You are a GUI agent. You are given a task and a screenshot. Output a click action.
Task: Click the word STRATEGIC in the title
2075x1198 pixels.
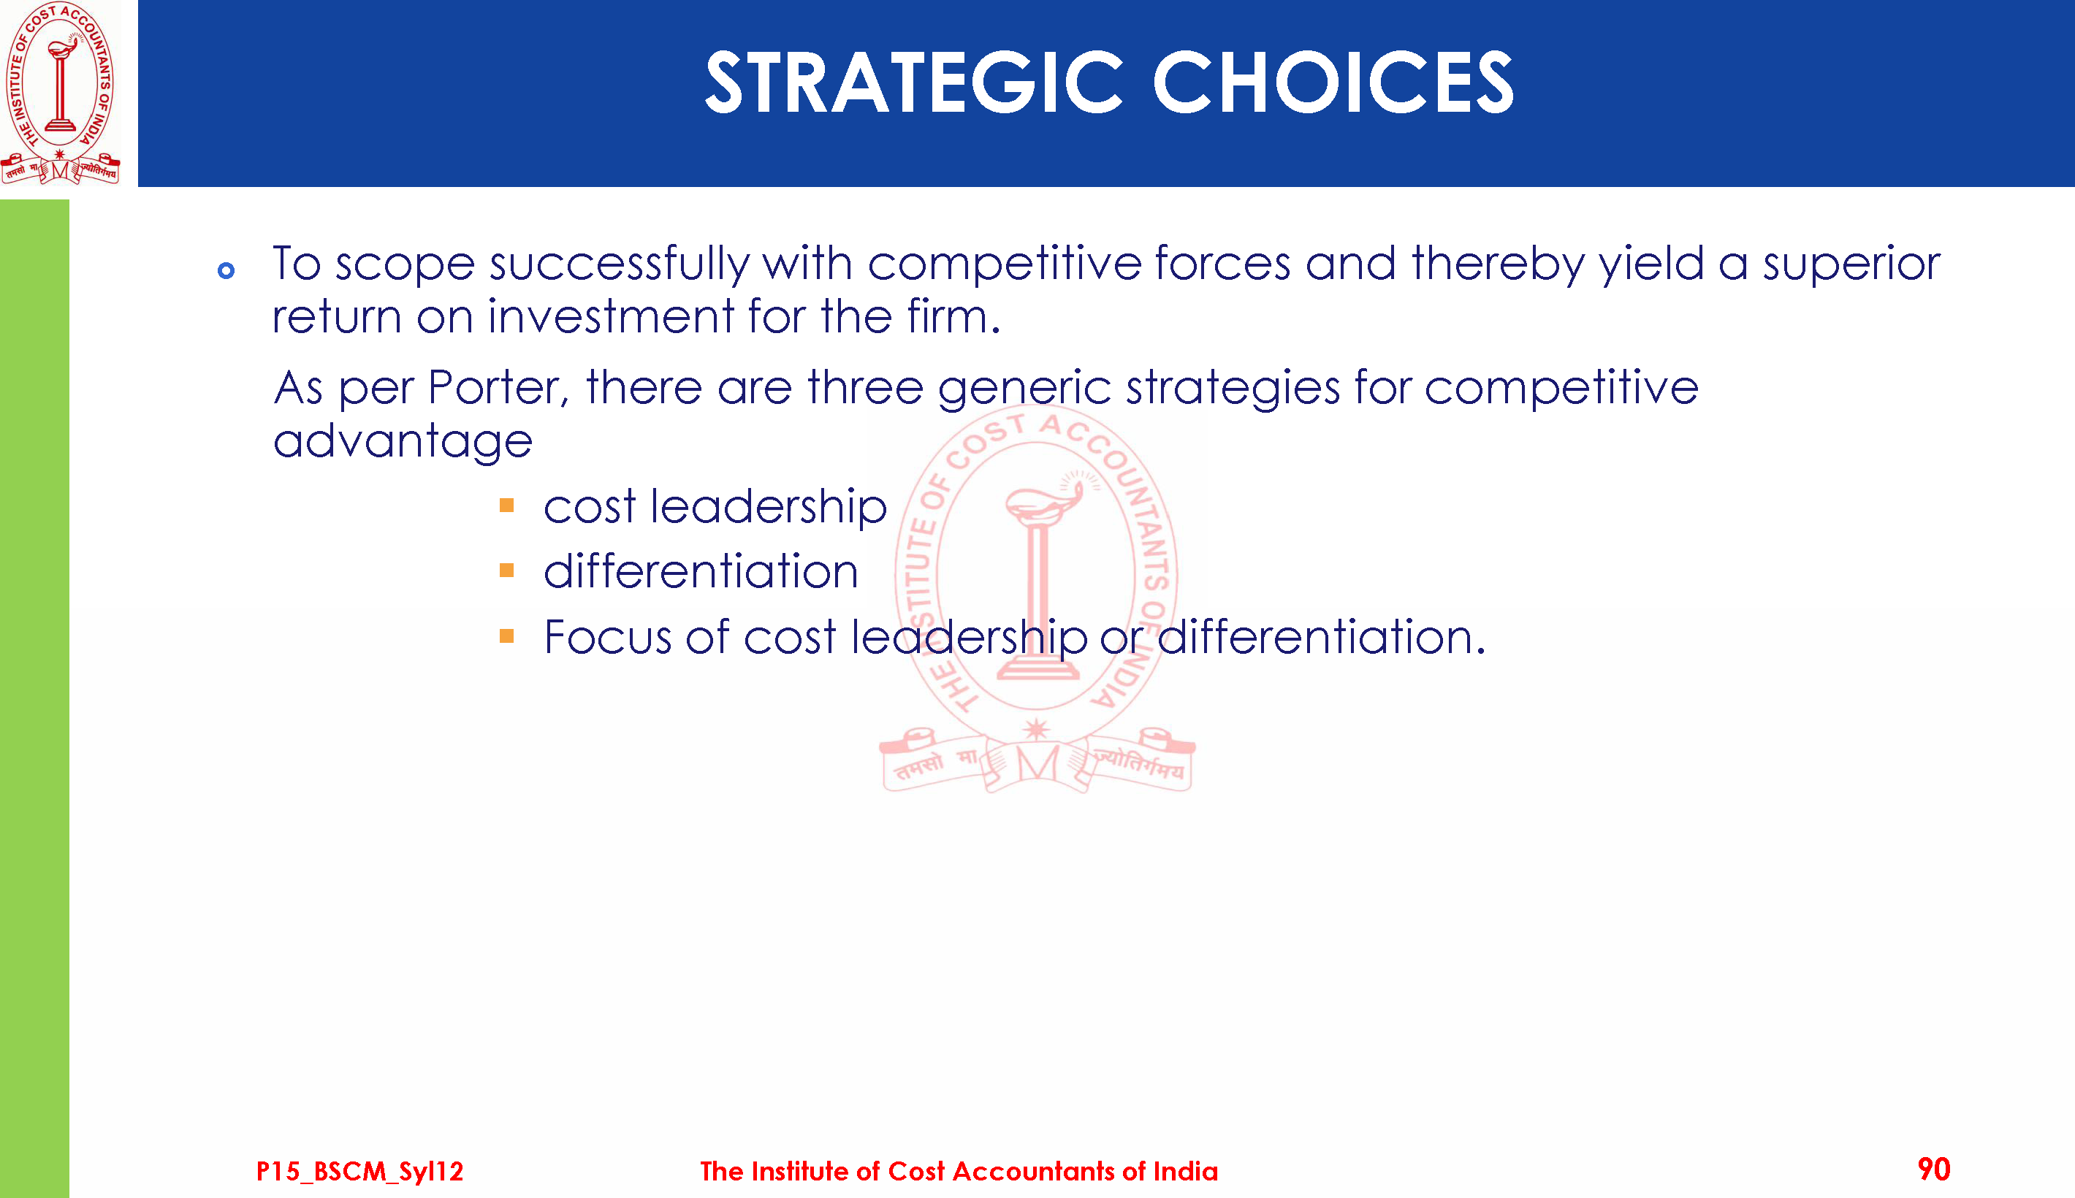pyautogui.click(x=914, y=82)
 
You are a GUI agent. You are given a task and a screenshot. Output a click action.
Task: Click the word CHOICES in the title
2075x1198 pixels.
pyautogui.click(x=1333, y=82)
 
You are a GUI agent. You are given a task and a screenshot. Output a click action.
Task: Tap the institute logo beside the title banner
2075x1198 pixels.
pyautogui.click(x=60, y=93)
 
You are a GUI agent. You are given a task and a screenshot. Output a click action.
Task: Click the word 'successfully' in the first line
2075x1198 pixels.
pyautogui.click(x=619, y=265)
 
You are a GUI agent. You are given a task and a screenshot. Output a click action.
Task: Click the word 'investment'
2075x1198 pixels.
pyautogui.click(x=611, y=317)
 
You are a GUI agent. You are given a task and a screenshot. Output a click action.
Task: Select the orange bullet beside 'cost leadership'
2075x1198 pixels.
pyautogui.click(x=507, y=505)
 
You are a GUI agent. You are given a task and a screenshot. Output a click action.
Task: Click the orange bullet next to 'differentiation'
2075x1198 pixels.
pyautogui.click(x=507, y=571)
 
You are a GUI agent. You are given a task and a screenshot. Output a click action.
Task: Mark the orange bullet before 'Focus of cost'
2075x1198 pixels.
pyautogui.click(x=507, y=636)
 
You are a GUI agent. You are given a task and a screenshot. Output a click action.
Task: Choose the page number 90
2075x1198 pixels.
pyautogui.click(x=1933, y=1170)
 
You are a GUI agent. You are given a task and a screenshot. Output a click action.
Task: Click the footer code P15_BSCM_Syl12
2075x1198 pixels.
pyautogui.click(x=359, y=1172)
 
